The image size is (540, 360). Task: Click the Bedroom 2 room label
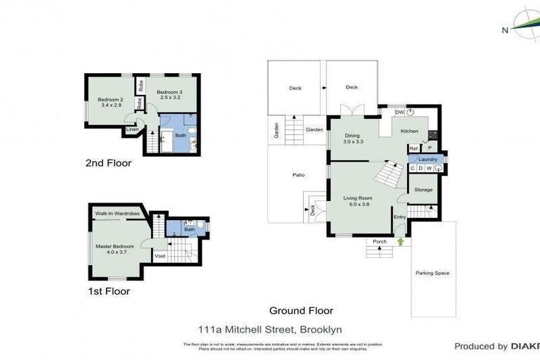[x=111, y=100]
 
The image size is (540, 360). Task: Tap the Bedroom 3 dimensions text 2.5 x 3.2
[x=169, y=98]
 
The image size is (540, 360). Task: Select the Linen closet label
[x=131, y=129]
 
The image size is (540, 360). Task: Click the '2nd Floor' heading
[x=108, y=163]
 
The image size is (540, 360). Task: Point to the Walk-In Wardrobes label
[x=117, y=212]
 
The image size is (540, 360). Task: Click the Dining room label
[x=352, y=136]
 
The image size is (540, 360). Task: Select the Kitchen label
[x=409, y=131]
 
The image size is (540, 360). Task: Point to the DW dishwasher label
[x=399, y=112]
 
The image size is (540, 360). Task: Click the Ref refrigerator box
[x=414, y=148]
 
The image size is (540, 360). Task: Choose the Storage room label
[x=423, y=190]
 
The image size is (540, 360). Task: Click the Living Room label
[x=358, y=199]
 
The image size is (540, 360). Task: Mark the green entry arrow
[x=401, y=242]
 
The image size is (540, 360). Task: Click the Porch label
[x=380, y=242]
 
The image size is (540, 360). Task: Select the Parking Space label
[x=432, y=273]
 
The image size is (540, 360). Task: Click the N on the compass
[x=505, y=30]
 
